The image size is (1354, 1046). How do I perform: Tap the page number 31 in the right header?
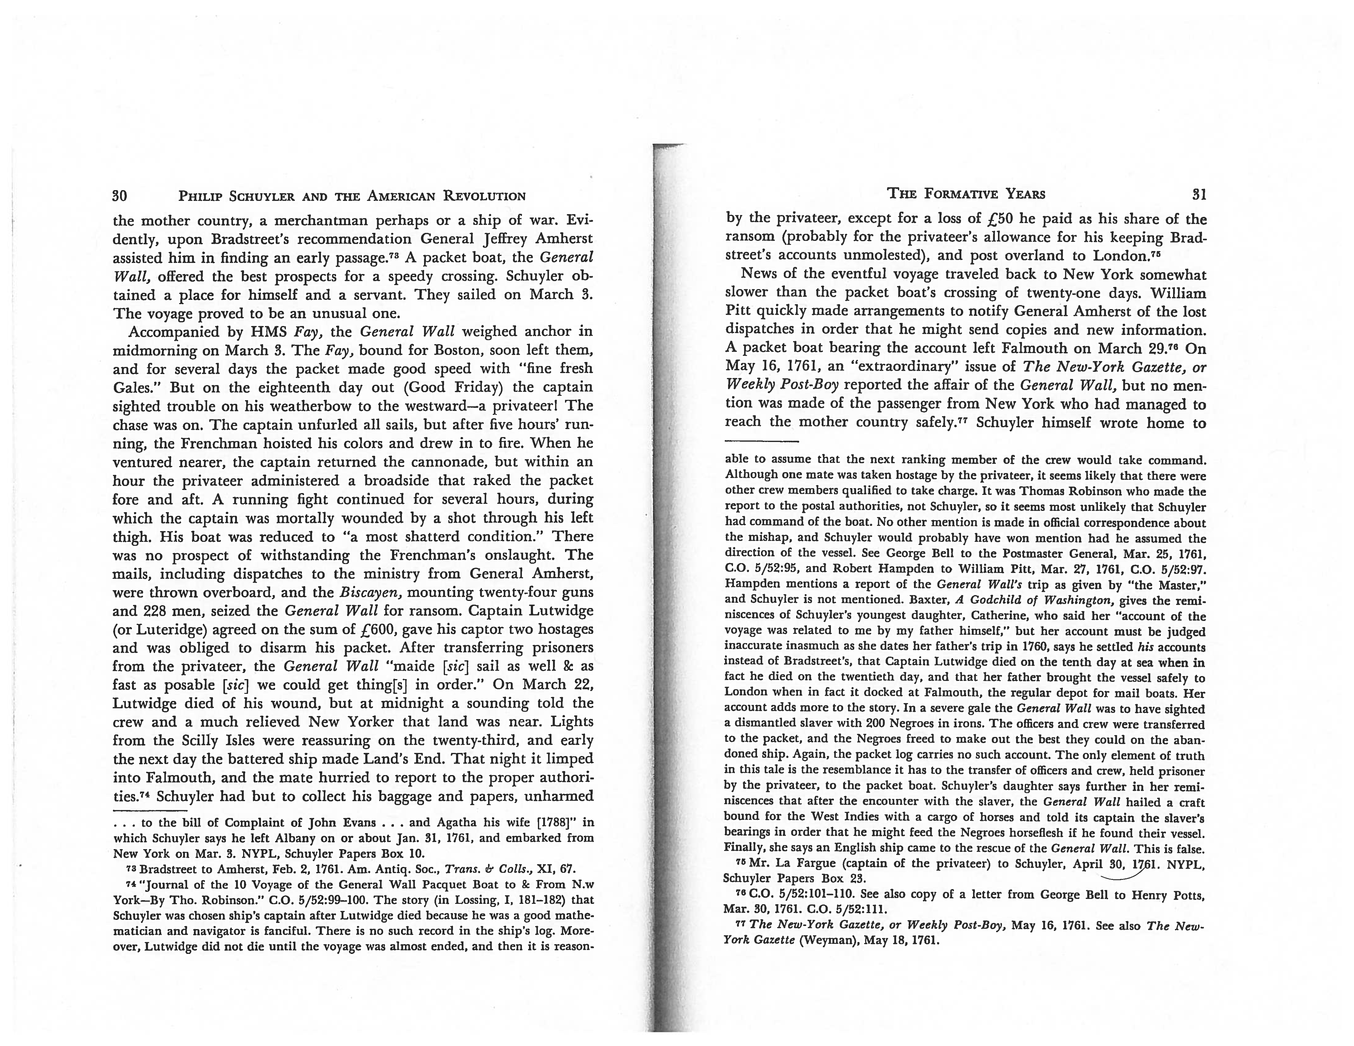pyautogui.click(x=1199, y=195)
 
